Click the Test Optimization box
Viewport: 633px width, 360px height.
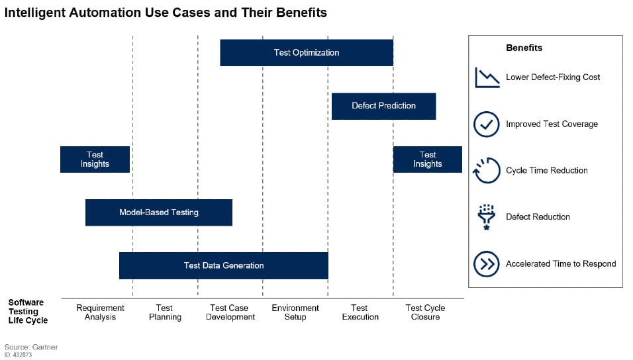point(306,53)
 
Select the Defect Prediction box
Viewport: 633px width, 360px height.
point(383,106)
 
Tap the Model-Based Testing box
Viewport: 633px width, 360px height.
point(158,212)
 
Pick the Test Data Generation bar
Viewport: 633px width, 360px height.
point(223,265)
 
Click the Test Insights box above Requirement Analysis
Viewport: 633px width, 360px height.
point(95,159)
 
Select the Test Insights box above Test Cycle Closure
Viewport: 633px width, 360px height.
point(427,159)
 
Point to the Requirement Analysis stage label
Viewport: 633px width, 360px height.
point(100,312)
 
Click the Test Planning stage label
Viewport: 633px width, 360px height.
point(164,312)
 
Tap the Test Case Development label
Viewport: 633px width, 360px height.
point(230,312)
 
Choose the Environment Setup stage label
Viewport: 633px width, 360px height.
point(295,312)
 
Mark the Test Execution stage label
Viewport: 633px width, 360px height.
point(360,312)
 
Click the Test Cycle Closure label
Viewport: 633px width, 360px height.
point(425,312)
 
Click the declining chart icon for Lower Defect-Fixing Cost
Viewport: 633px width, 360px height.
point(487,77)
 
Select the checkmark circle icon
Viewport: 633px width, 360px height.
point(487,124)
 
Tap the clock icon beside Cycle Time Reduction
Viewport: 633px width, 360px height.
point(487,171)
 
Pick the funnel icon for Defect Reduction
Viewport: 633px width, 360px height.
point(487,217)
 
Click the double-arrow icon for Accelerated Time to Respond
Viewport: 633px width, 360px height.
point(487,264)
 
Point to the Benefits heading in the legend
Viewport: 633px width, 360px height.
point(524,48)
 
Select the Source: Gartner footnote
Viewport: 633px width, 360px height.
point(31,347)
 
